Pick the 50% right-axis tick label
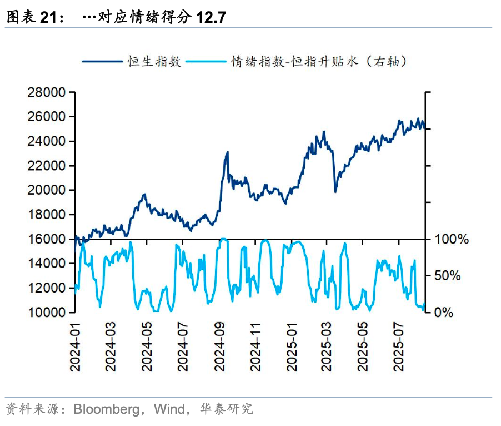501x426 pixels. (447, 276)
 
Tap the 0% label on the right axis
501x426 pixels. (443, 313)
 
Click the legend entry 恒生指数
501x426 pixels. (155, 61)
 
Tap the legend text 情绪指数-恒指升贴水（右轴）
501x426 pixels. (319, 61)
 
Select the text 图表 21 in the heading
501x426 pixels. (31, 17)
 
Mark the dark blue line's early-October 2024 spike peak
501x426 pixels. (227, 152)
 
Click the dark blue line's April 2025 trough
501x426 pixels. (335, 192)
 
